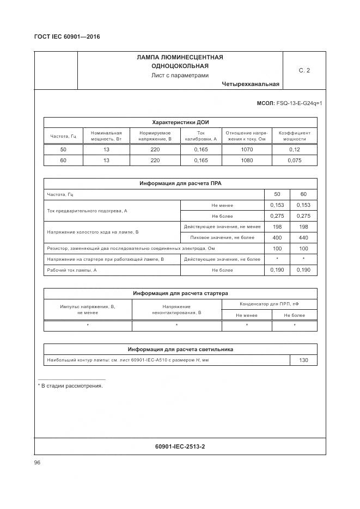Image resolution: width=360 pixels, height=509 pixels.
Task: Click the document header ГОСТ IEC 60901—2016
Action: pyautogui.click(x=67, y=37)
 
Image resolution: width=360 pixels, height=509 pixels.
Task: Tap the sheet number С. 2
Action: pyautogui.click(x=304, y=70)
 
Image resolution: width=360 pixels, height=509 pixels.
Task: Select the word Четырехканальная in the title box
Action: pyautogui.click(x=251, y=84)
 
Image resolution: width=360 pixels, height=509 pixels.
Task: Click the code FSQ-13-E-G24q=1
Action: pyautogui.click(x=300, y=103)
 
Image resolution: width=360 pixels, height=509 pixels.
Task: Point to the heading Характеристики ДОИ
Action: pyautogui.click(x=180, y=122)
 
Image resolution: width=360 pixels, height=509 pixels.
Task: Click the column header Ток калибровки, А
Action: pyautogui.click(x=200, y=136)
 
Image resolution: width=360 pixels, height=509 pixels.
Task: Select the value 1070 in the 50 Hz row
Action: pyautogui.click(x=247, y=149)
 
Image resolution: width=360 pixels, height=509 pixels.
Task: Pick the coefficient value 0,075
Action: pyautogui.click(x=295, y=161)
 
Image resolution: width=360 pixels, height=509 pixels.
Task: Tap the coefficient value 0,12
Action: pyautogui.click(x=295, y=149)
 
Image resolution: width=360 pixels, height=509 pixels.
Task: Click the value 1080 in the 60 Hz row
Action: pyautogui.click(x=247, y=161)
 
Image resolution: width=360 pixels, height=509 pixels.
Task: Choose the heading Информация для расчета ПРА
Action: pyautogui.click(x=180, y=183)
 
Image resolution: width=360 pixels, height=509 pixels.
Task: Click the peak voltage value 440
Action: pyautogui.click(x=303, y=237)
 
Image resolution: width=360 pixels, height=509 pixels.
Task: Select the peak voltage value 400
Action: pyautogui.click(x=277, y=237)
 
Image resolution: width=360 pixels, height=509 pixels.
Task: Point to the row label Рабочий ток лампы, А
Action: pyautogui.click(x=72, y=270)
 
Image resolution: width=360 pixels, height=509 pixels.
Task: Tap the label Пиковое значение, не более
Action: pyautogui.click(x=222, y=237)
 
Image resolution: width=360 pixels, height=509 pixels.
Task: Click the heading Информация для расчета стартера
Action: pyautogui.click(x=180, y=293)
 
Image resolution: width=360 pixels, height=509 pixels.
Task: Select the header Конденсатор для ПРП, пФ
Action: pyautogui.click(x=269, y=304)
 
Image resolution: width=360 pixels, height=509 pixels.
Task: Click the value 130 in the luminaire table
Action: pyautogui.click(x=303, y=360)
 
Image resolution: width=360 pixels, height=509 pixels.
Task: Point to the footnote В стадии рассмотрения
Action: pyautogui.click(x=72, y=386)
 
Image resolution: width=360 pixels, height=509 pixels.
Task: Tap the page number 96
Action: pyautogui.click(x=38, y=462)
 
